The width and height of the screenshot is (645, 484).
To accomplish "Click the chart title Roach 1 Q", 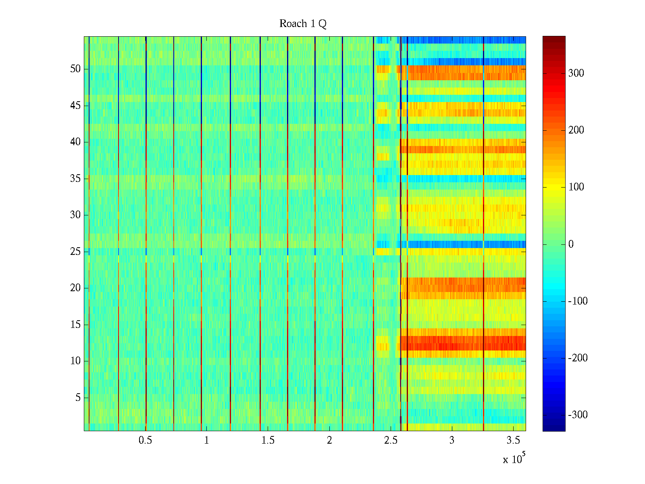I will pyautogui.click(x=303, y=24).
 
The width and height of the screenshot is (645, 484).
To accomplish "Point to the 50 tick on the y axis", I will pyautogui.click(x=75, y=69).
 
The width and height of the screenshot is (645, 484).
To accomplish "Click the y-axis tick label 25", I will pyautogui.click(x=75, y=252).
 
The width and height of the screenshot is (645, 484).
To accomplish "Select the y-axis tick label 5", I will pyautogui.click(x=78, y=398).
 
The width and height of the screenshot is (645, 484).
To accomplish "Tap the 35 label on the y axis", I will pyautogui.click(x=75, y=179).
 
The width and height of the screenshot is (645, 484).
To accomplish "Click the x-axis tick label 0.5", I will pyautogui.click(x=146, y=440).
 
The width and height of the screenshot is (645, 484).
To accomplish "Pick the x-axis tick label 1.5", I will pyautogui.click(x=268, y=440).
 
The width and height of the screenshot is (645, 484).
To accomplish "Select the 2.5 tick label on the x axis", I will pyautogui.click(x=391, y=440).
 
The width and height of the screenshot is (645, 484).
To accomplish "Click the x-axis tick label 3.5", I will pyautogui.click(x=513, y=440).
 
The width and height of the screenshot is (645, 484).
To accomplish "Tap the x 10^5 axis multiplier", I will pyautogui.click(x=514, y=459).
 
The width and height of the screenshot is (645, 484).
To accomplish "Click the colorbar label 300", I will pyautogui.click(x=576, y=73).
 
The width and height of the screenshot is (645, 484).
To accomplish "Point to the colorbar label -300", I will pyautogui.click(x=578, y=415).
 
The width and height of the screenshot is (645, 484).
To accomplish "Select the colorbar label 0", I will pyautogui.click(x=570, y=244).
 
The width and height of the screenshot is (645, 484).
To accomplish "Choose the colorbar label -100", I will pyautogui.click(x=578, y=301).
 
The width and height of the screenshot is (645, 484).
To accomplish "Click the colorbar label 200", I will pyautogui.click(x=576, y=130).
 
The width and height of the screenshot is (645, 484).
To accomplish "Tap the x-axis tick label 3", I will pyautogui.click(x=452, y=440).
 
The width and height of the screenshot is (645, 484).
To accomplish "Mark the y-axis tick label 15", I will pyautogui.click(x=75, y=325).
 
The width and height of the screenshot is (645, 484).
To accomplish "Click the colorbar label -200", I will pyautogui.click(x=578, y=358).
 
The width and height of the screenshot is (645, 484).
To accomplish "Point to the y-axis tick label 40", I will pyautogui.click(x=75, y=142).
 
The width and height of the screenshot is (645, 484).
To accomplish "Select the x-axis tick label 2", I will pyautogui.click(x=329, y=440).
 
